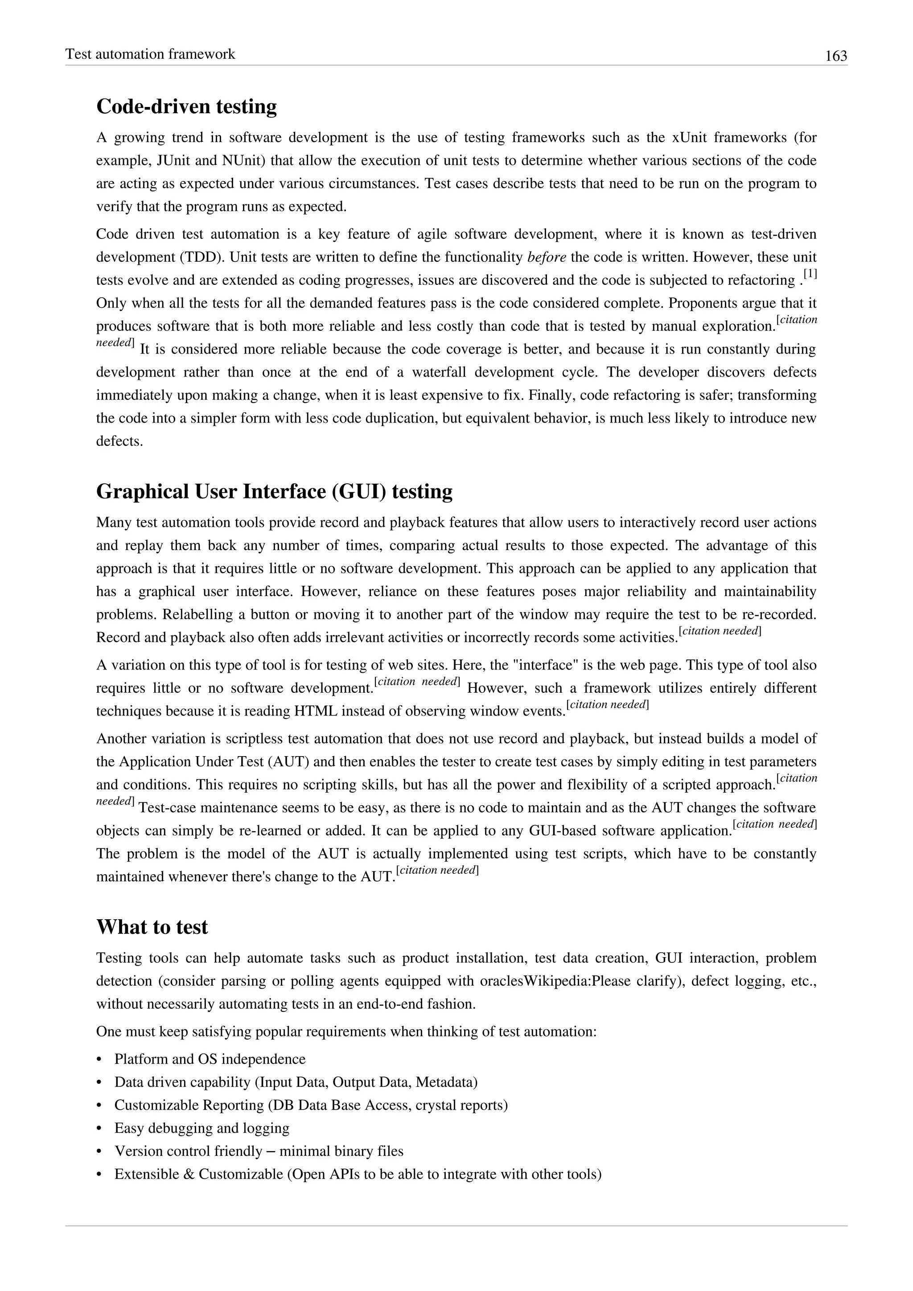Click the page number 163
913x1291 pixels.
coord(835,56)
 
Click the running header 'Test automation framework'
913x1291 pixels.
coord(150,54)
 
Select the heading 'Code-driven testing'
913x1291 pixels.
coord(187,106)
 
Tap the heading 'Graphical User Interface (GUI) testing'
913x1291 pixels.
coord(274,491)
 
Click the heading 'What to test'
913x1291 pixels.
coord(152,927)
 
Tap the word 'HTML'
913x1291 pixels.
coord(315,711)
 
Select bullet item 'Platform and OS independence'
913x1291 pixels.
coord(210,1059)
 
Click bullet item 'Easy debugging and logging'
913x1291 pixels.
coord(202,1128)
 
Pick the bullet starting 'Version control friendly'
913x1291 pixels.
coord(259,1151)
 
